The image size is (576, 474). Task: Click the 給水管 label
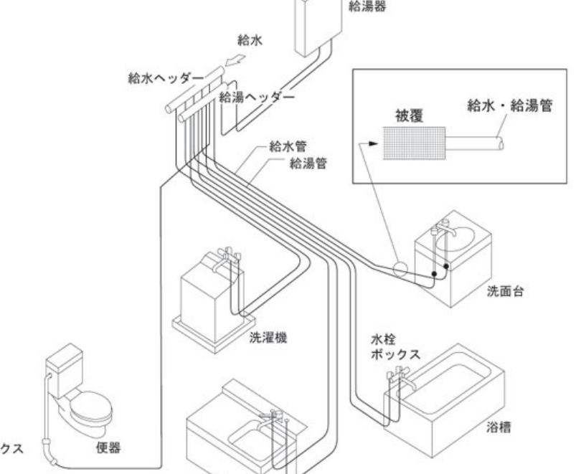[283, 148]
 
